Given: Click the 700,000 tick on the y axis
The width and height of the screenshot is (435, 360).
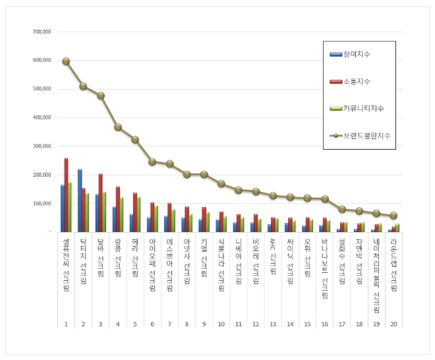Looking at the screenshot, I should coord(41,32).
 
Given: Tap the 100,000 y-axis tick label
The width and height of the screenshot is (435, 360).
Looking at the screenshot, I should coord(41,204).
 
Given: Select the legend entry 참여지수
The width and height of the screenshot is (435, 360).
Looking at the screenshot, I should coord(357,53).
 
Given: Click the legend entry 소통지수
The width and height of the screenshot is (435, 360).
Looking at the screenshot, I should coord(357,81).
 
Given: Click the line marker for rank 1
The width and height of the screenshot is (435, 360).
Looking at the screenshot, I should coord(66,61).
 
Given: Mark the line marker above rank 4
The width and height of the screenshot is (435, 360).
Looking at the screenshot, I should coord(118,127).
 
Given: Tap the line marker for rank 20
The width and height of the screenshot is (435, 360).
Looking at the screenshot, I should coord(393,216).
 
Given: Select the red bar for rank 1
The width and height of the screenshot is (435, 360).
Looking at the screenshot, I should coord(66,195).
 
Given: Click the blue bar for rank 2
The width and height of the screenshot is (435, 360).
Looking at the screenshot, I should coord(79,200).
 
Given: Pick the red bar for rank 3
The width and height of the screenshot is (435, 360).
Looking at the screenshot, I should coord(100,202).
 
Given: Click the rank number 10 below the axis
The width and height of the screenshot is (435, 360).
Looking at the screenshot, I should coord(221,324).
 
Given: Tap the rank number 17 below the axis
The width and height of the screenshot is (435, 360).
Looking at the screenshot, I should coord(342,324).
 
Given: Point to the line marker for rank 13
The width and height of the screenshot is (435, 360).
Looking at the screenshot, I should coord(273,196).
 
